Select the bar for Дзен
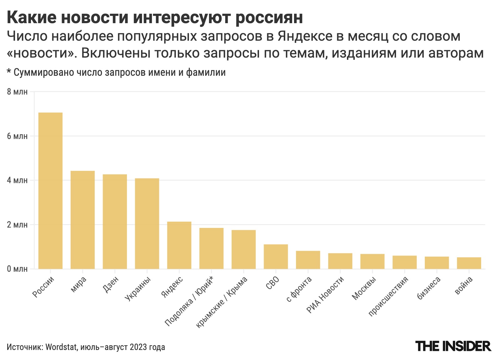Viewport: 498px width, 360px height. click(115, 221)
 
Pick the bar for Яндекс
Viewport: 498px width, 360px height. click(179, 245)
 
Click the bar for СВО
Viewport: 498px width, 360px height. click(276, 256)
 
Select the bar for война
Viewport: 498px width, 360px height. click(469, 263)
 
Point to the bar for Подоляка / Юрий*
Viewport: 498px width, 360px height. click(211, 248)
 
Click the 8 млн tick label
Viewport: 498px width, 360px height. click(17, 92)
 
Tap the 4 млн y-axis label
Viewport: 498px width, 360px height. click(17, 180)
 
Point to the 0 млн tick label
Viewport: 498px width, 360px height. click(17, 269)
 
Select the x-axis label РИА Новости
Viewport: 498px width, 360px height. click(325, 295)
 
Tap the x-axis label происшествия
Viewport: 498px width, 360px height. click(389, 296)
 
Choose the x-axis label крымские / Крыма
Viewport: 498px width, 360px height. click(222, 302)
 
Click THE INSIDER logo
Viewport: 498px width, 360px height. click(453, 346)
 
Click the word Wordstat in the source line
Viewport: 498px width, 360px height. click(61, 347)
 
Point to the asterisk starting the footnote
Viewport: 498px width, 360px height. click(9, 72)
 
